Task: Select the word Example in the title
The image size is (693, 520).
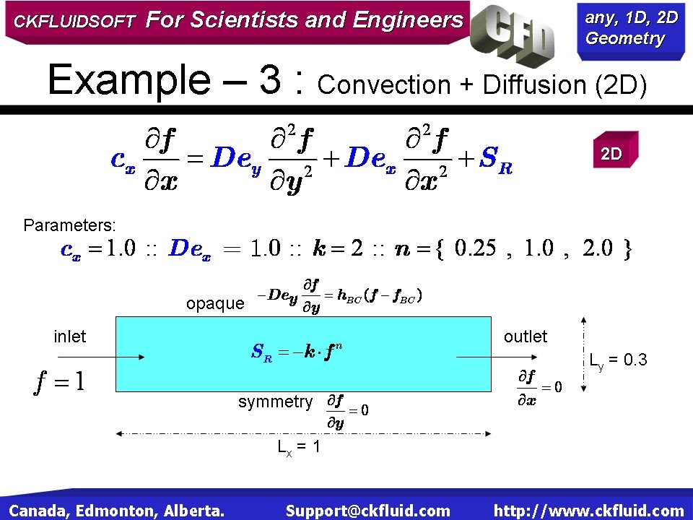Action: pyautogui.click(x=127, y=79)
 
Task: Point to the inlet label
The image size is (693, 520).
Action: pyautogui.click(x=70, y=337)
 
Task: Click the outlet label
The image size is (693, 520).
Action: pyautogui.click(x=526, y=337)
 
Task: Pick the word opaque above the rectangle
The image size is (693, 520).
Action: pyautogui.click(x=215, y=303)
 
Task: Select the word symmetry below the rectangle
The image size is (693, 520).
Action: pyautogui.click(x=276, y=402)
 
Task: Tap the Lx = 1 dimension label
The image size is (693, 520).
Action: pyautogui.click(x=299, y=447)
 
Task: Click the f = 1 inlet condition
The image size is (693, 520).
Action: pyautogui.click(x=59, y=381)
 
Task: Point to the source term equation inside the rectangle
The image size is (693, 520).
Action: pyautogui.click(x=297, y=352)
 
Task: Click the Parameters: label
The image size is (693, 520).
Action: pyautogui.click(x=69, y=225)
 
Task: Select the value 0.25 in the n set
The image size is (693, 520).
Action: pyautogui.click(x=476, y=249)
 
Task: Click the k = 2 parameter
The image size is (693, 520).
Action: pyautogui.click(x=338, y=249)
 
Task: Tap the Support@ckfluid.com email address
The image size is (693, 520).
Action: pyautogui.click(x=367, y=511)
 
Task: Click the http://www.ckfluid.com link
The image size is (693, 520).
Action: pyautogui.click(x=588, y=511)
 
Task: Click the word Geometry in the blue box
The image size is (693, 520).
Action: pyautogui.click(x=625, y=39)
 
